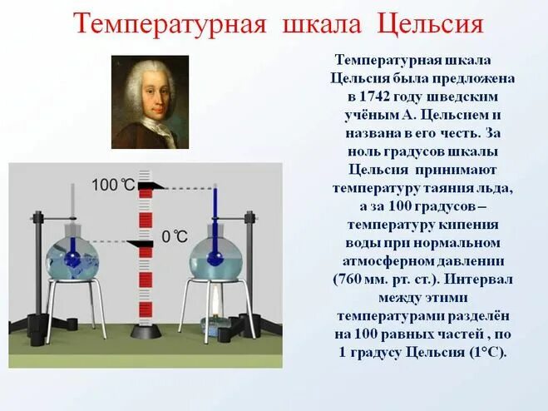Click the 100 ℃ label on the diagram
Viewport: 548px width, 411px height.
pos(112,184)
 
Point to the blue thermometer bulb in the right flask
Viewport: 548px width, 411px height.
pos(215,259)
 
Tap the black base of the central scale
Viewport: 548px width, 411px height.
pos(147,331)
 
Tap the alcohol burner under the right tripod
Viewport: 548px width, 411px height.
pos(219,317)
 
